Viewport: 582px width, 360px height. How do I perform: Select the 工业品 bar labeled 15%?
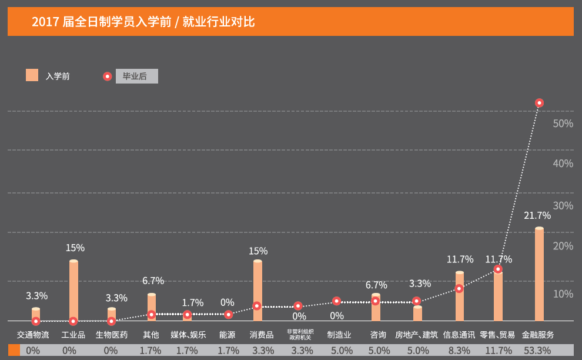pos(73,291)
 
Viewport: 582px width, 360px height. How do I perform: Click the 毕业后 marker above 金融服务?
pos(539,103)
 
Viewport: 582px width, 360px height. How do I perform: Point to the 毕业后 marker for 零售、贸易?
pos(498,269)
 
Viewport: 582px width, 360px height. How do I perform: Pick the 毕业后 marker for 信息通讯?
pos(459,288)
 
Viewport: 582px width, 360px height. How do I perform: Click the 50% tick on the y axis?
pos(563,124)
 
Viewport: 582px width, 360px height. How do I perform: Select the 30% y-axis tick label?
pos(563,205)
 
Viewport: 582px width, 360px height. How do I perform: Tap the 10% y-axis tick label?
pos(563,294)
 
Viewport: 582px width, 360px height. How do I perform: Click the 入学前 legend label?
pos(58,76)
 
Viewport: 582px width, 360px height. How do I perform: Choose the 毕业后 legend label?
pos(135,76)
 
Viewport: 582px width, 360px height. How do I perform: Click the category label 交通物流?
pos(33,335)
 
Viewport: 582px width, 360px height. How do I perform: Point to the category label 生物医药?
pos(112,335)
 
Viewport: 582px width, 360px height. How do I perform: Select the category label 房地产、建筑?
pos(416,335)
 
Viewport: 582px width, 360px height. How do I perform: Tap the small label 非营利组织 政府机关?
pos(300,335)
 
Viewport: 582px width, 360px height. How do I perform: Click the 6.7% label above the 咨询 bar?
pos(376,285)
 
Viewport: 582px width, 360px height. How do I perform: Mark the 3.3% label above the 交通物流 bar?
pos(37,296)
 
